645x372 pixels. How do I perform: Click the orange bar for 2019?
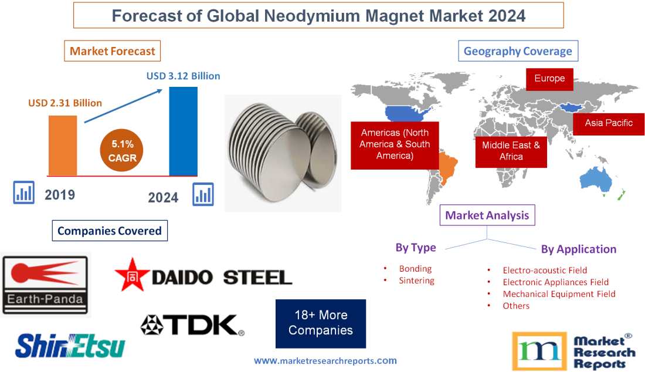62,145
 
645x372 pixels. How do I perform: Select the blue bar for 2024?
183,130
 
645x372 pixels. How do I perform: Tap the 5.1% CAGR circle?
123,150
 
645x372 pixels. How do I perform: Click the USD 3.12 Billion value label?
183,76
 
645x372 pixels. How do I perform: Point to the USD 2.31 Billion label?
65,103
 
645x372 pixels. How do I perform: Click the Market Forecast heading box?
112,51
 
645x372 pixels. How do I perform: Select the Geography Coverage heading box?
518,51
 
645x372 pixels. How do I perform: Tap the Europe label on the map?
549,79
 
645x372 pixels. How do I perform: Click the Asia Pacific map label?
609,123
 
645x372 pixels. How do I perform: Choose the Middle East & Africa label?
511,151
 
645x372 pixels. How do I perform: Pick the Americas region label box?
394,144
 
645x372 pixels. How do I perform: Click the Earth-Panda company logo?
46,284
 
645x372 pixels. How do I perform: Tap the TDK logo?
192,324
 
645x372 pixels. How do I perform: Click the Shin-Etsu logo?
70,345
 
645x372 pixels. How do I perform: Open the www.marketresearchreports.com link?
325,361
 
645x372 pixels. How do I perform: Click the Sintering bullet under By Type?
416,280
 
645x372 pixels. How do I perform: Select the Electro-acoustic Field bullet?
545,270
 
